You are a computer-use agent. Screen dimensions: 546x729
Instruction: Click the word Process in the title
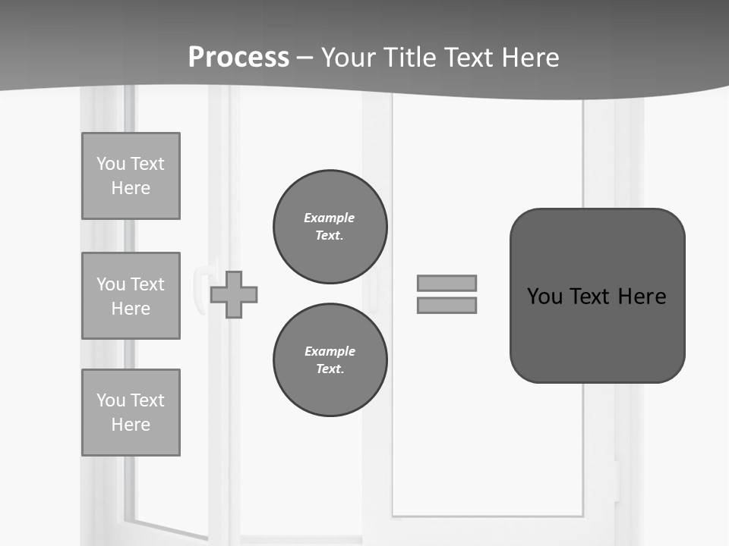(x=238, y=58)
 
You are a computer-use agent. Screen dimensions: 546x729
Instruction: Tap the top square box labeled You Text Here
(x=131, y=176)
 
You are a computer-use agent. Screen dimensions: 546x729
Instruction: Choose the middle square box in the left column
(x=131, y=296)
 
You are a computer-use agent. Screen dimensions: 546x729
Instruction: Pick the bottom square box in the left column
(x=131, y=413)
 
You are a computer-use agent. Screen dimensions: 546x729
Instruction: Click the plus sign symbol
(x=234, y=294)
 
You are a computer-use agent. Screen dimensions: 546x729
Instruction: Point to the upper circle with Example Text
(x=330, y=227)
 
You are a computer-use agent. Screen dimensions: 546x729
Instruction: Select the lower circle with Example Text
(x=330, y=360)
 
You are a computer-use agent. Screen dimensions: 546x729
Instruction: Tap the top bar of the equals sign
(x=447, y=283)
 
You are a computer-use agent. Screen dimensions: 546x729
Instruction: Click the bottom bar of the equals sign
(x=447, y=305)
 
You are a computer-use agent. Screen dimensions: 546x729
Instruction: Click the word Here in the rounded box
(x=642, y=297)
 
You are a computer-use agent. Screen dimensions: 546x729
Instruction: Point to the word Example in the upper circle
(x=330, y=218)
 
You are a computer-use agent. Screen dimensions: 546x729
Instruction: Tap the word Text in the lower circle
(x=330, y=369)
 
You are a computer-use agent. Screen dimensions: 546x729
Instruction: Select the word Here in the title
(x=532, y=58)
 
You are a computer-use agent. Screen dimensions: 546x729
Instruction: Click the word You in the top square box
(x=111, y=164)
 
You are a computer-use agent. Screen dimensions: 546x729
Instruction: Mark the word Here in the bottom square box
(x=131, y=425)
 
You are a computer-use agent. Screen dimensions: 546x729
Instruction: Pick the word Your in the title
(x=347, y=58)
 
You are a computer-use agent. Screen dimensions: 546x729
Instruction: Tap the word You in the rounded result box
(x=544, y=297)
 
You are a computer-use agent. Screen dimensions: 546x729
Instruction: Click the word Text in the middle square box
(x=147, y=284)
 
